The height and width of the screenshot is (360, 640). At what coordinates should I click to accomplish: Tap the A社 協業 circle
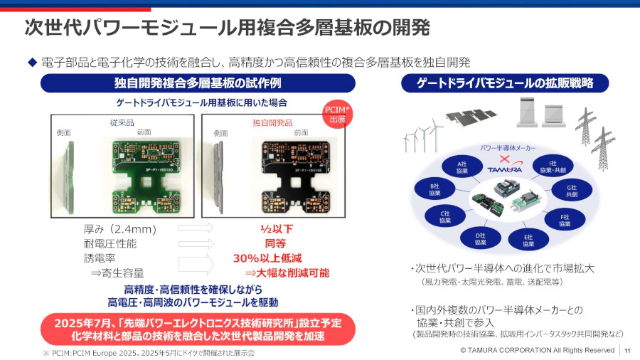point(462,168)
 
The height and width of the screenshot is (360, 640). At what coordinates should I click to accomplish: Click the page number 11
point(628,350)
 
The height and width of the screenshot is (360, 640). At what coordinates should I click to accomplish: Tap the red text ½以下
point(276,229)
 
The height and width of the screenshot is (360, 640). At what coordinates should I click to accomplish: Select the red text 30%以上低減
point(267,258)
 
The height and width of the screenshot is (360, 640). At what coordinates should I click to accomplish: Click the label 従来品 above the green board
point(123,122)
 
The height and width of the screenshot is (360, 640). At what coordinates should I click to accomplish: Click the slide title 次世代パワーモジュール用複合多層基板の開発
point(227,28)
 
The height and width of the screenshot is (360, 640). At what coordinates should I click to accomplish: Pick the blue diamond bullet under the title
point(31,62)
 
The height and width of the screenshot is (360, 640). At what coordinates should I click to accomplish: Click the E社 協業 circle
point(528,240)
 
